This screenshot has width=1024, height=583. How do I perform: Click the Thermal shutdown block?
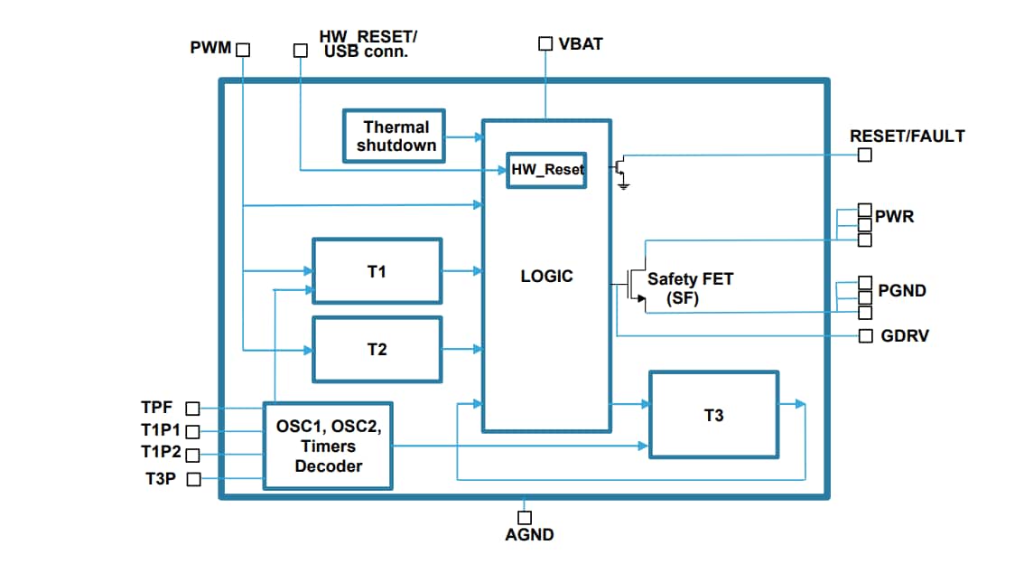point(395,136)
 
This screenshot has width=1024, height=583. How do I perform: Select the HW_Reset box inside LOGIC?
point(546,169)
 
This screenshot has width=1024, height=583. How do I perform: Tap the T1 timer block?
point(377,271)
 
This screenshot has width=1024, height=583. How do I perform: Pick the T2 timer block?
point(377,349)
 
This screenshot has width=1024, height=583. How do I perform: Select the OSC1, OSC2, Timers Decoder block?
point(328,446)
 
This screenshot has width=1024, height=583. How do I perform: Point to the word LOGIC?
point(546,277)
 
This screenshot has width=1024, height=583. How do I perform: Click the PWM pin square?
point(242,50)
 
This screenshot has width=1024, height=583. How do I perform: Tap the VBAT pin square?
point(545,43)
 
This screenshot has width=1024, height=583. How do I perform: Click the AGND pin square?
point(525,517)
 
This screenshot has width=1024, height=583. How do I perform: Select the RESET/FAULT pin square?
point(865,155)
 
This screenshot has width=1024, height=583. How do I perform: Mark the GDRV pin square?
point(865,336)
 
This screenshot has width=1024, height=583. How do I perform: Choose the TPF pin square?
point(192,409)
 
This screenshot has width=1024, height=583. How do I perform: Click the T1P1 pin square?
point(192,432)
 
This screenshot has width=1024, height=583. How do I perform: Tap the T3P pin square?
point(192,480)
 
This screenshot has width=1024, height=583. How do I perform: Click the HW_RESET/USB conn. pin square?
point(301,51)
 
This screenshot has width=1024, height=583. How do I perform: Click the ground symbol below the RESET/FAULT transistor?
point(623,185)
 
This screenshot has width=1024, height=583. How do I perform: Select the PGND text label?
point(902,291)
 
